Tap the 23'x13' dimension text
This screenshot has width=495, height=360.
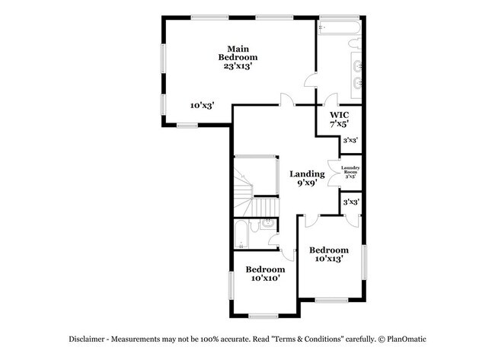click(x=238, y=66)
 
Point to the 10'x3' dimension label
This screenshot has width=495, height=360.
click(x=202, y=106)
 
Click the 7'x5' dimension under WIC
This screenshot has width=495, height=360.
click(x=339, y=124)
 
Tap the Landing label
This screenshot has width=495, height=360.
click(x=307, y=174)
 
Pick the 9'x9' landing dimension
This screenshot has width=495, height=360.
click(x=307, y=183)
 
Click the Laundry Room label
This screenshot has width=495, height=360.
click(x=350, y=172)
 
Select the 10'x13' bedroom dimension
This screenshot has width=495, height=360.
click(x=329, y=260)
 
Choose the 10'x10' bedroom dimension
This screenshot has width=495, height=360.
click(x=265, y=279)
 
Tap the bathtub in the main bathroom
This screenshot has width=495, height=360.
click(x=340, y=27)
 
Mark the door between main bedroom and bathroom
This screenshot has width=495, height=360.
click(x=311, y=81)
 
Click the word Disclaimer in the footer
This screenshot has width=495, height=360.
click(x=84, y=339)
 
